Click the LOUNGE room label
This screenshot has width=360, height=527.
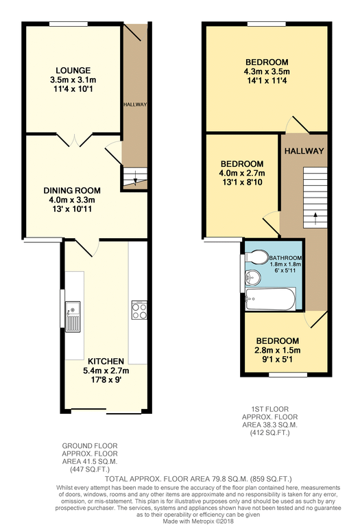click(73, 71)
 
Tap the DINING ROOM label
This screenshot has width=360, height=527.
click(72, 191)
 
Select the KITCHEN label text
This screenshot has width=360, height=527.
click(106, 362)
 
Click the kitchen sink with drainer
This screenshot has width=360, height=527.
click(73, 316)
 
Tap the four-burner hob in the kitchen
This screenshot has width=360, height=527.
click(139, 310)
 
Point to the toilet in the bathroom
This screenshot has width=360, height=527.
click(256, 256)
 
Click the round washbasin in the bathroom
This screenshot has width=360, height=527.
click(252, 278)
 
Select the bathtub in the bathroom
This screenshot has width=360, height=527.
click(270, 298)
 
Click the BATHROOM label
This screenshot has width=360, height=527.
click(285, 258)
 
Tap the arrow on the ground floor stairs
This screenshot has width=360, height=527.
click(135, 178)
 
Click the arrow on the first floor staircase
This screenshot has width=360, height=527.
click(315, 219)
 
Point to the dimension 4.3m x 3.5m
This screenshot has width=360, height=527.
click(267, 71)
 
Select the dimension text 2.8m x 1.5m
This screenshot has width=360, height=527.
click(278, 350)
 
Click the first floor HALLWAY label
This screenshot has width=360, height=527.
click(304, 151)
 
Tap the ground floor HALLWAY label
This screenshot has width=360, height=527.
click(135, 104)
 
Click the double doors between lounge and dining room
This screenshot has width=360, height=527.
click(74, 140)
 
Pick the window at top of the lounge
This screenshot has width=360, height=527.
click(69, 24)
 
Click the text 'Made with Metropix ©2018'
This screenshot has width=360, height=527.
click(198, 522)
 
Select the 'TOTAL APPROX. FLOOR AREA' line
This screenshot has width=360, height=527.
click(198, 479)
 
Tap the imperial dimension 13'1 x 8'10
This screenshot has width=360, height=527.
click(242, 183)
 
